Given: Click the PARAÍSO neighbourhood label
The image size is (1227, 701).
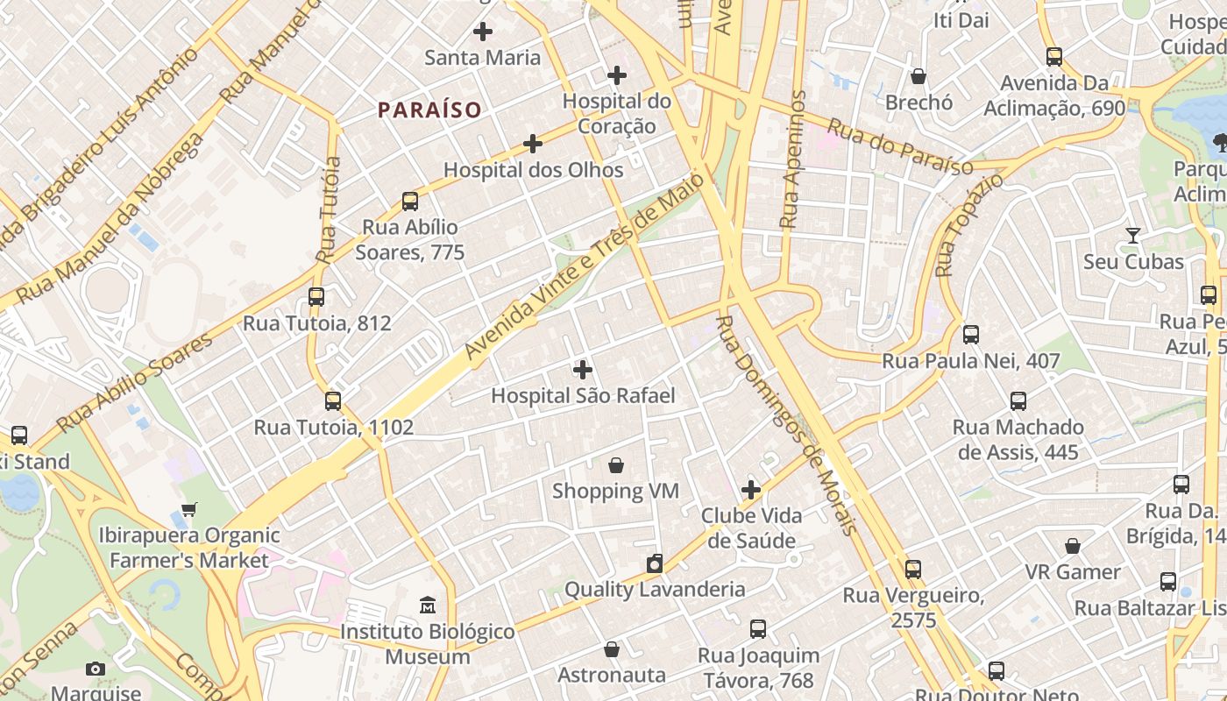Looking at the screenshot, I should pos(429,110).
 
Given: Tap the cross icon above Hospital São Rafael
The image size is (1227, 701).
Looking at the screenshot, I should pos(582,370).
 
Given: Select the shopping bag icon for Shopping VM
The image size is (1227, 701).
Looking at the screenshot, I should pos(616,464).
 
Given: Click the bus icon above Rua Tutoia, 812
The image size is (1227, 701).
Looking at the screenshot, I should pos(316,297).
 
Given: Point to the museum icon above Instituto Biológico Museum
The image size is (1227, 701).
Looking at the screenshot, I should pos(428,605).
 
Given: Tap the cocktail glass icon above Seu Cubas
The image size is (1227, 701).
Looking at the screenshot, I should pos(1133,236).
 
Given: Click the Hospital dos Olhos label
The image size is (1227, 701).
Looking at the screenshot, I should pos(533,170).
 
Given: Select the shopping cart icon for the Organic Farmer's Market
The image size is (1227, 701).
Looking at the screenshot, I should pos(189,509).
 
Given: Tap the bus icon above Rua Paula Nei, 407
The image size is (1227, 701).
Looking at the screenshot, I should pos(970,335).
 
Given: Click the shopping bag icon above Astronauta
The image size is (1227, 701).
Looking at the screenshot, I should pos(612,649).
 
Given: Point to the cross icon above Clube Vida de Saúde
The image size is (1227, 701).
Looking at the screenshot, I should pos(751,490).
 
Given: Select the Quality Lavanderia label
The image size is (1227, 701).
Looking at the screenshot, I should pos(654,589).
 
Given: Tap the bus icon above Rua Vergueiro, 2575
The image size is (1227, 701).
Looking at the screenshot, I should pos(913,570).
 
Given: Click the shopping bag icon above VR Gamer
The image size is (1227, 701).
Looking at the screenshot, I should pos(1073,546).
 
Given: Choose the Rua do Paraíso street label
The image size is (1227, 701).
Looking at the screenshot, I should pos(900,147).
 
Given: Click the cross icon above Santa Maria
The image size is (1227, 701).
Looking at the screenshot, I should pos(482,32).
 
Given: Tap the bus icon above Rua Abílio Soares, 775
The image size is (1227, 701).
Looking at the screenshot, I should pos(410,202).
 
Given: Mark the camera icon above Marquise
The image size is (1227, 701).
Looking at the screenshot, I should pos(96,669).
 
